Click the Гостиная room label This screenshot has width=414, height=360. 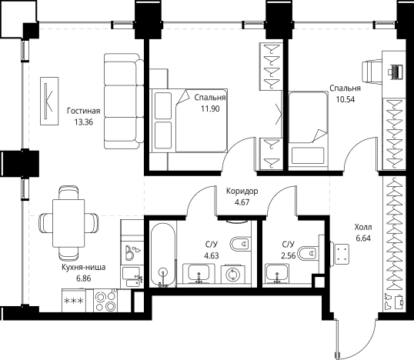[83, 111]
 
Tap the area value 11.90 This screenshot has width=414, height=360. [210, 108]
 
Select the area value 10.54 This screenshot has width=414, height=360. [345, 99]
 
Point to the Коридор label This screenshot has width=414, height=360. [242, 191]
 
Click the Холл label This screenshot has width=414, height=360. [363, 227]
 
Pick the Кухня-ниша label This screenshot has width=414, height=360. [83, 267]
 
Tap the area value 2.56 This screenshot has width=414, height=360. [289, 255]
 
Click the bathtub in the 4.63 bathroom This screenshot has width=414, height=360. [162, 255]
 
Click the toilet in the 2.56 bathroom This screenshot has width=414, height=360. [308, 252]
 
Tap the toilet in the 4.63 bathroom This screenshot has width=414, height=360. [240, 244]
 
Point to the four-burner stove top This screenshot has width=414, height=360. [105, 301]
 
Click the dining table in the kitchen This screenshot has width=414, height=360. [68, 223]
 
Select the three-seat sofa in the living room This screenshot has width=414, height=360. [124, 101]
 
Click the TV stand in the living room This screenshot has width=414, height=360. [49, 101]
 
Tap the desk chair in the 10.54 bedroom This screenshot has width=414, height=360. [372, 72]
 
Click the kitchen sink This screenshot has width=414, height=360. [132, 278]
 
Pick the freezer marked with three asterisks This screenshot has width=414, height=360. [74, 300]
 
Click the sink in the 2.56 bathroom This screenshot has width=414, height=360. [277, 273]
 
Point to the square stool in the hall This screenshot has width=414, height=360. [342, 255]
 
